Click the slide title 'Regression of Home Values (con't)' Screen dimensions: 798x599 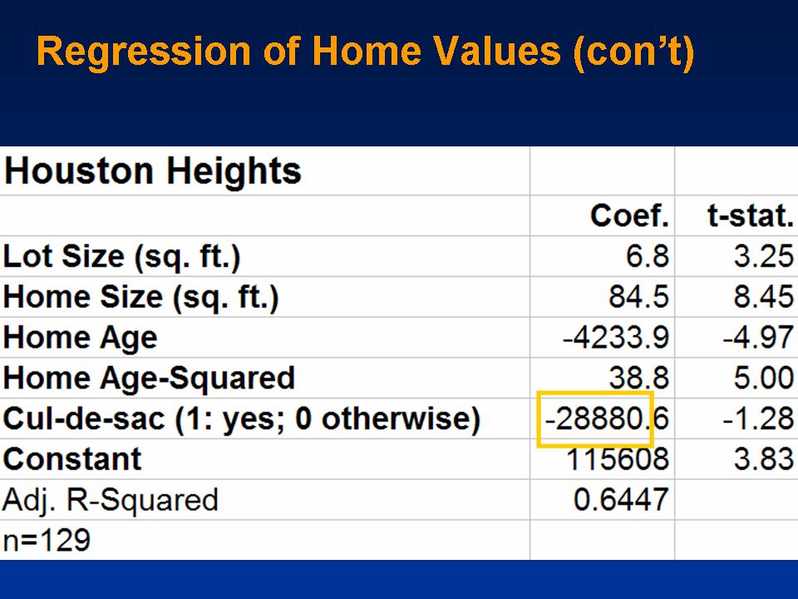tap(366, 52)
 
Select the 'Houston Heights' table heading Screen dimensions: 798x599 tap(153, 171)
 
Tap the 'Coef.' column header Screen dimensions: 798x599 tap(629, 216)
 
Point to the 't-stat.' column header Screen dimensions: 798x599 tap(751, 216)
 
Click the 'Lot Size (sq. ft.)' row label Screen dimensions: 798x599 tap(121, 256)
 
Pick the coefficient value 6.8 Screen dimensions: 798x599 tap(648, 255)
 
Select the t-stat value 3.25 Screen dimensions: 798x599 tap(764, 255)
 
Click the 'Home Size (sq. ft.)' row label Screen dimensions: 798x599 tap(141, 297)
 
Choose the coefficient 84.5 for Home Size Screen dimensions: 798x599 tap(638, 296)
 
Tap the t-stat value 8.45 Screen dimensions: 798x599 tap(764, 296)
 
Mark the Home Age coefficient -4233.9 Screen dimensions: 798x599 tap(616, 337)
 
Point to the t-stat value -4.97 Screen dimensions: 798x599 tap(758, 337)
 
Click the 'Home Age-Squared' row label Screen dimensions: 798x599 tap(149, 379)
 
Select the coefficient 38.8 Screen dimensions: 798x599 tap(638, 378)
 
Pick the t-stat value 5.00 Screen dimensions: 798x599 tap(764, 378)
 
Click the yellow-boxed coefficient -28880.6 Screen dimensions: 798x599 tap(607, 418)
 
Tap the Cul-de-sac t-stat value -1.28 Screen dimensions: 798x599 tap(758, 418)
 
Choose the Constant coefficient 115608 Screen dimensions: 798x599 tap(618, 459)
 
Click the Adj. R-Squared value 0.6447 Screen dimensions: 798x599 tap(621, 500)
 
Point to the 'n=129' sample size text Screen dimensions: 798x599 tap(47, 541)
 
